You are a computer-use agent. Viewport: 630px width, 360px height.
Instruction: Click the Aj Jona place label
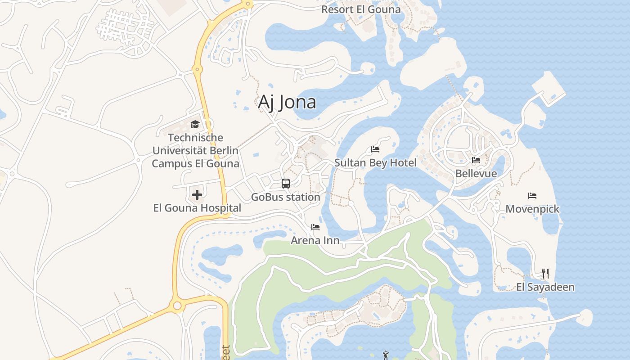click(x=287, y=102)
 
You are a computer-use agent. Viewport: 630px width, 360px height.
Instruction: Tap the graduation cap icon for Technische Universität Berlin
click(x=195, y=124)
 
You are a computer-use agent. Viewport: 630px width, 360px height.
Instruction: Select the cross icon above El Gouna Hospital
click(x=197, y=195)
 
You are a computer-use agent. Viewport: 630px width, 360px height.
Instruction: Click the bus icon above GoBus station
click(x=286, y=184)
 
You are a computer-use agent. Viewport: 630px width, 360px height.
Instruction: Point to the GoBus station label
click(x=285, y=197)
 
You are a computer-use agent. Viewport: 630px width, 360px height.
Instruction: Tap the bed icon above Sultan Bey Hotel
click(x=375, y=149)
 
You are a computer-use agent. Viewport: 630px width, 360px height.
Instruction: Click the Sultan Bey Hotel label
click(x=375, y=162)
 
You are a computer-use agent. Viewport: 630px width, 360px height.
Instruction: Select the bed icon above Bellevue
click(x=476, y=160)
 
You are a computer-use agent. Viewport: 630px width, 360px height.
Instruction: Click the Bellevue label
click(x=476, y=173)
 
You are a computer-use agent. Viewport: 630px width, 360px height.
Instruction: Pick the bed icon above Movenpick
click(x=532, y=196)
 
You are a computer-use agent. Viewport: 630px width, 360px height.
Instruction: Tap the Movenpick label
click(x=532, y=209)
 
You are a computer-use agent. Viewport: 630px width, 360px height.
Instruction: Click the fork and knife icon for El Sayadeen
click(x=545, y=274)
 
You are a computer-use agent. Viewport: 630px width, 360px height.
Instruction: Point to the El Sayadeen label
click(x=545, y=287)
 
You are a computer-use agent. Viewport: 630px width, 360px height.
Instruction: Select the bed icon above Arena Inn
click(x=315, y=227)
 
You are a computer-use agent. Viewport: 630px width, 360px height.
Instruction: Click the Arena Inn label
click(x=315, y=240)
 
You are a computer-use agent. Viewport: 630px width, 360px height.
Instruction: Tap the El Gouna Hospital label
click(x=197, y=208)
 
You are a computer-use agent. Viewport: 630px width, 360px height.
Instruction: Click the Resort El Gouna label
click(x=361, y=9)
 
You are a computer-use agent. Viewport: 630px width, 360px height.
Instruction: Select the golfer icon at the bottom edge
click(x=385, y=355)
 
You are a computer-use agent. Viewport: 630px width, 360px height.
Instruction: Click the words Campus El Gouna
click(x=195, y=163)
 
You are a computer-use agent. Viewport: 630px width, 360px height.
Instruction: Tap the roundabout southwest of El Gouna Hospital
click(x=177, y=306)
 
